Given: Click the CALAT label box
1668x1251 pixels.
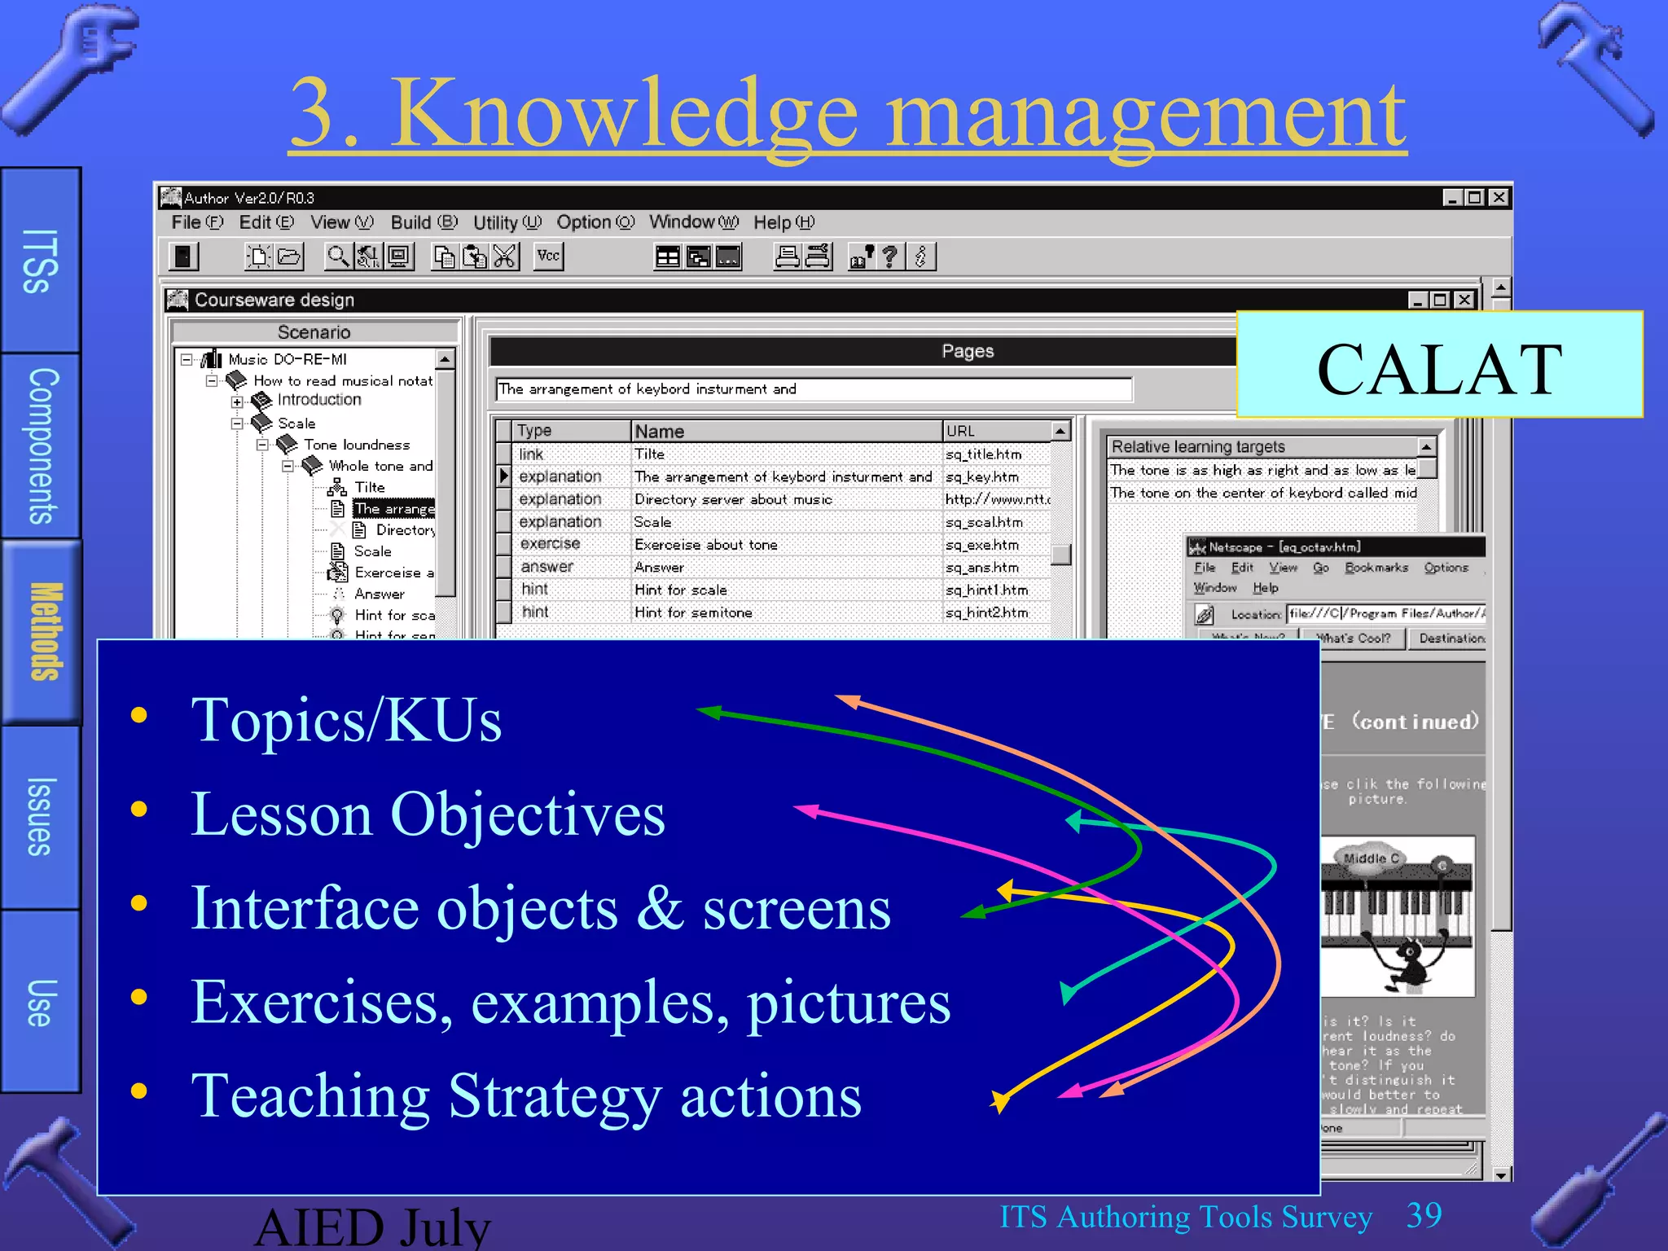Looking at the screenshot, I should click(x=1438, y=365).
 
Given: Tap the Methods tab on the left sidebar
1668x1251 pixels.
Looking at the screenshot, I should click(x=42, y=631).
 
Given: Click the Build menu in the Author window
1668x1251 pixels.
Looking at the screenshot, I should click(x=423, y=222).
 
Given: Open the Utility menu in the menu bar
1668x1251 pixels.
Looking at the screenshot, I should click(x=506, y=222).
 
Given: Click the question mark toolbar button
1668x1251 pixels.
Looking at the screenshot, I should click(x=890, y=257).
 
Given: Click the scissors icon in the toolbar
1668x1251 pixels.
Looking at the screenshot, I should click(x=505, y=257).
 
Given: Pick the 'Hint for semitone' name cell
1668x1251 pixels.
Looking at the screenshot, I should click(x=693, y=612).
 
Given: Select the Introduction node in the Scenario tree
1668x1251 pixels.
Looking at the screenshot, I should click(x=318, y=400).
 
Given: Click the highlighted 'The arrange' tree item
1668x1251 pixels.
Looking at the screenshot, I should click(x=393, y=509).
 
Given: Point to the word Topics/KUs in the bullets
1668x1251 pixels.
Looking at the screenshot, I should click(x=346, y=720).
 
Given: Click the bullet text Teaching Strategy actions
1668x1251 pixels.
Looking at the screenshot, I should click(x=525, y=1095).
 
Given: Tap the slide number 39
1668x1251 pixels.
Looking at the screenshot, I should click(x=1424, y=1215).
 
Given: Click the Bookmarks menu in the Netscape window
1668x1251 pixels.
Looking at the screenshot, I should click(x=1376, y=568).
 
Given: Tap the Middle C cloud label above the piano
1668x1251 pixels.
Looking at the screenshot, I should click(x=1371, y=858).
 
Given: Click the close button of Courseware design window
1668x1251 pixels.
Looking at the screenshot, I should click(x=1464, y=300).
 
